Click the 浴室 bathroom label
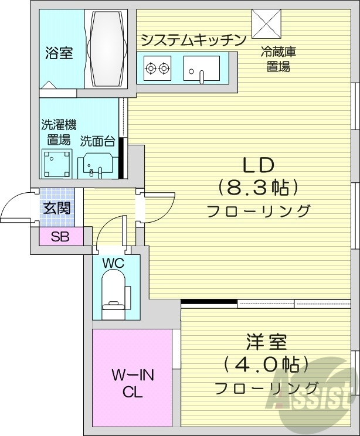[59, 53]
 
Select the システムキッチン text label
[192, 40]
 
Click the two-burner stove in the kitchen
[157, 69]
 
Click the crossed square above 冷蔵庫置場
[267, 23]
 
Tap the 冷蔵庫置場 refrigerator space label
[279, 59]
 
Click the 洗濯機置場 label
[59, 132]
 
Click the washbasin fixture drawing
[97, 165]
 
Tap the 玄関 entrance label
[56, 208]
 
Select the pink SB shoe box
[59, 237]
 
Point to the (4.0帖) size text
[266, 365]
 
